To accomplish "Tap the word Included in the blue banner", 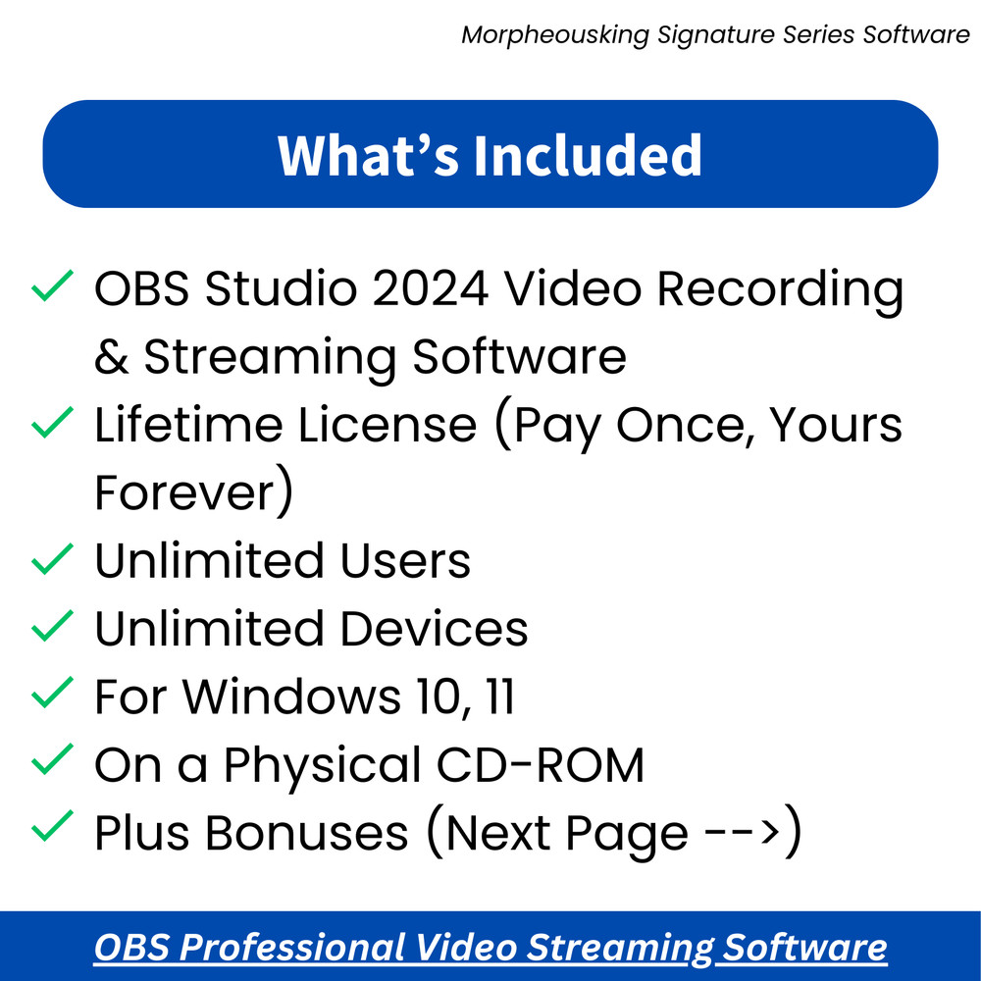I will (x=589, y=154).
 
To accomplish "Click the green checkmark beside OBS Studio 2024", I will (x=52, y=287).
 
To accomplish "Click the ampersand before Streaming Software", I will (x=112, y=357).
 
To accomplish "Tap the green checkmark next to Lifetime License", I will (x=52, y=424).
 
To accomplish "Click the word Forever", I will (x=184, y=493).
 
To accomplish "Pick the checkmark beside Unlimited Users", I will (x=52, y=560).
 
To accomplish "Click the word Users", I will (x=405, y=561).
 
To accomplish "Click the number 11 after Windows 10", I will (x=498, y=697).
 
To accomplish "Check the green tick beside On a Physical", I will (x=52, y=759).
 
